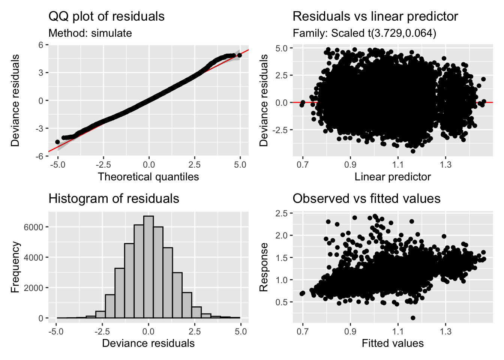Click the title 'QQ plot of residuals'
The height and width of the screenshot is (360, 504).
106,16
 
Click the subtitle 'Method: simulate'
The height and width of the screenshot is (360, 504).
90,33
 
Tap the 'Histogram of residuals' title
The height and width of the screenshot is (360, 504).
114,199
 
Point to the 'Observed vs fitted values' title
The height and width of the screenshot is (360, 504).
366,199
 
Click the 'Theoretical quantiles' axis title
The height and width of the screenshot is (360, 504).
148,177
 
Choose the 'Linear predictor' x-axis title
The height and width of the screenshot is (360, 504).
393,177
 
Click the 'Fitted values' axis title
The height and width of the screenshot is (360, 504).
393,343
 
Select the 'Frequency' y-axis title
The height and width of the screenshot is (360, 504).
15,267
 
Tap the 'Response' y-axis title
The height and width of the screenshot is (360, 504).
264,267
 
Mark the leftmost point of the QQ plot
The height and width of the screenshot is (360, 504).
57,142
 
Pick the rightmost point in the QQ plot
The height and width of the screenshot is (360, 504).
239,55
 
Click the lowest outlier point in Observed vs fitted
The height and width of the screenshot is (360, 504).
413,318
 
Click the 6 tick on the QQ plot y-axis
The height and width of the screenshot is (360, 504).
41,45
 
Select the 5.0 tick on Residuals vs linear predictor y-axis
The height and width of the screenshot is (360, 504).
281,48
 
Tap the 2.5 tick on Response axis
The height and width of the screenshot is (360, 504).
281,213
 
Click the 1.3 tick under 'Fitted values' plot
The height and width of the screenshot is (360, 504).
445,331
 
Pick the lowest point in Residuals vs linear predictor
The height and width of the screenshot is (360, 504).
413,151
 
